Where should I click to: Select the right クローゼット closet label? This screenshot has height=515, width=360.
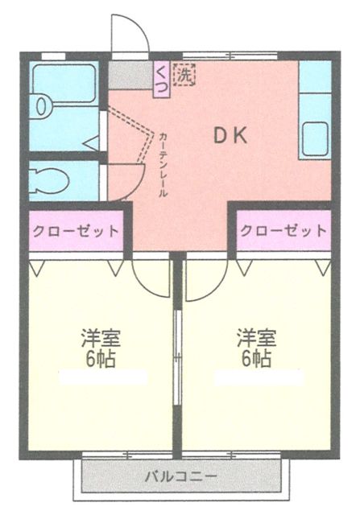(x=283, y=230)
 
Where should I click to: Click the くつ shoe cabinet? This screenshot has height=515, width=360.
(x=161, y=80)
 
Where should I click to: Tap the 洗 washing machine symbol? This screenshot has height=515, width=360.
(x=185, y=76)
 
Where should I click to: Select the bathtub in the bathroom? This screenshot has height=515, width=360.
(x=64, y=80)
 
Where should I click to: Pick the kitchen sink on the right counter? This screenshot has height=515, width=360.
(x=315, y=136)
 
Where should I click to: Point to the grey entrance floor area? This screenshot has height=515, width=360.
(x=129, y=76)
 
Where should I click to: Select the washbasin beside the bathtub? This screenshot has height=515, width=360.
(x=41, y=105)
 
